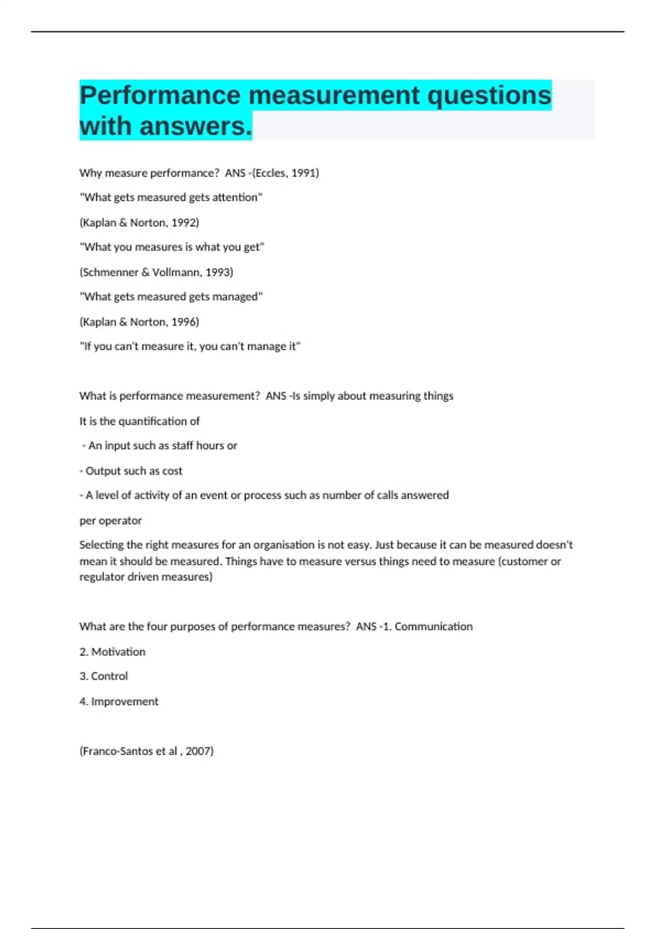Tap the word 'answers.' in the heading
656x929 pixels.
[196, 126]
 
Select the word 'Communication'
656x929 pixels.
[434, 627]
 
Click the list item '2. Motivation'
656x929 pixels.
[113, 652]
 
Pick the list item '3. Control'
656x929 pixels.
[104, 677]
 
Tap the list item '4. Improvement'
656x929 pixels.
[119, 702]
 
